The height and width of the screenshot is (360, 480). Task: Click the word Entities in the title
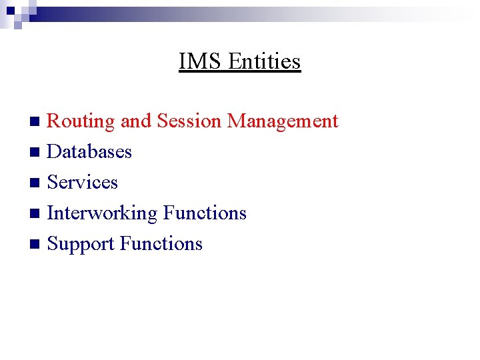coord(265,61)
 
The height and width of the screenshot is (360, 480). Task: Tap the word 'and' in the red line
coord(136,121)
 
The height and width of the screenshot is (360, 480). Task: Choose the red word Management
coord(283,121)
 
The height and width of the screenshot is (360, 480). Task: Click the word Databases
coord(89,152)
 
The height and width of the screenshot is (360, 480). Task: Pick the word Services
coord(83,183)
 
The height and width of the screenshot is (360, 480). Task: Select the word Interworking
coord(102,213)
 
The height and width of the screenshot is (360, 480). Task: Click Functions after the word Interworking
coord(205,213)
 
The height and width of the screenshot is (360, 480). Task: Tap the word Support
coord(81,244)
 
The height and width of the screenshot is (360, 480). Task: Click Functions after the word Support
coord(161,244)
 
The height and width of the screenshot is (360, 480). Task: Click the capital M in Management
coord(235,121)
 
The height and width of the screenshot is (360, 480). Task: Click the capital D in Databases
coord(54,152)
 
